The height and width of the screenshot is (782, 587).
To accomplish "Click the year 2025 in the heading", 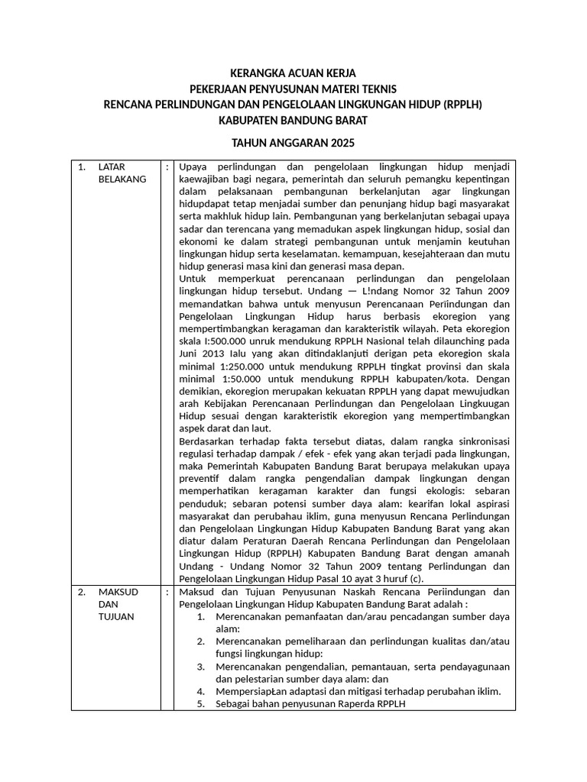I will point(341,143).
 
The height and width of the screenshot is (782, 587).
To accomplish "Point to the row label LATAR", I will point(112,166).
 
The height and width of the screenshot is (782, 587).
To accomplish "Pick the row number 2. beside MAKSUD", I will point(82,592).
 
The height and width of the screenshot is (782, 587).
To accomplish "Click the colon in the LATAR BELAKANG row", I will point(167,166).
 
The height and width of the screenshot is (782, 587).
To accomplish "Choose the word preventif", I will point(199,478).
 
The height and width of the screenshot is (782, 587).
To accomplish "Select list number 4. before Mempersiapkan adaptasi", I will point(200,691).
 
